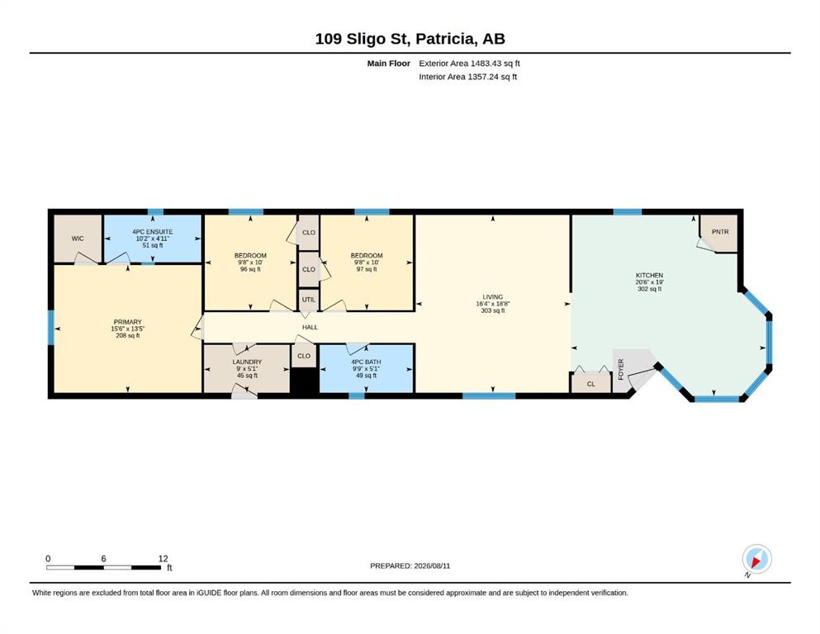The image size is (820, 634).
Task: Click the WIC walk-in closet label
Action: click(x=78, y=239)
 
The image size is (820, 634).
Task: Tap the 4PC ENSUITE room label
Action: click(x=152, y=231)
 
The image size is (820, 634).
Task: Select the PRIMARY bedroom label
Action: click(x=128, y=322)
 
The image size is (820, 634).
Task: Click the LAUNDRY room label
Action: click(x=247, y=362)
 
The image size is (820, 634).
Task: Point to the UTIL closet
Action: click(x=309, y=300)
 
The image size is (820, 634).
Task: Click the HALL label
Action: click(x=310, y=327)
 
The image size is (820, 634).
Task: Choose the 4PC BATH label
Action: click(x=366, y=362)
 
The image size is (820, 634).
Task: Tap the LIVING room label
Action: click(x=493, y=297)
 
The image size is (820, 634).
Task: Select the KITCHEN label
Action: click(x=650, y=275)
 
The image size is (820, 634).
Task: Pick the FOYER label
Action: click(x=621, y=369)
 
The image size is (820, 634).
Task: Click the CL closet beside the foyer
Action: click(x=591, y=383)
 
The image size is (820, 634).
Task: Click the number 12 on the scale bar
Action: click(x=164, y=558)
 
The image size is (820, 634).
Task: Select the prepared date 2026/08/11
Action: click(x=432, y=565)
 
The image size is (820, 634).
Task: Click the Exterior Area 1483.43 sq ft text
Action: click(x=469, y=64)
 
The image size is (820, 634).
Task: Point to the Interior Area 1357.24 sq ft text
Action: click(x=468, y=77)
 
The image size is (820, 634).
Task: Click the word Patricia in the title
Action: click(x=446, y=39)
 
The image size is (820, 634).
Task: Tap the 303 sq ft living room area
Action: click(x=493, y=310)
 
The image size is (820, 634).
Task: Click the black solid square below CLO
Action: click(x=305, y=381)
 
